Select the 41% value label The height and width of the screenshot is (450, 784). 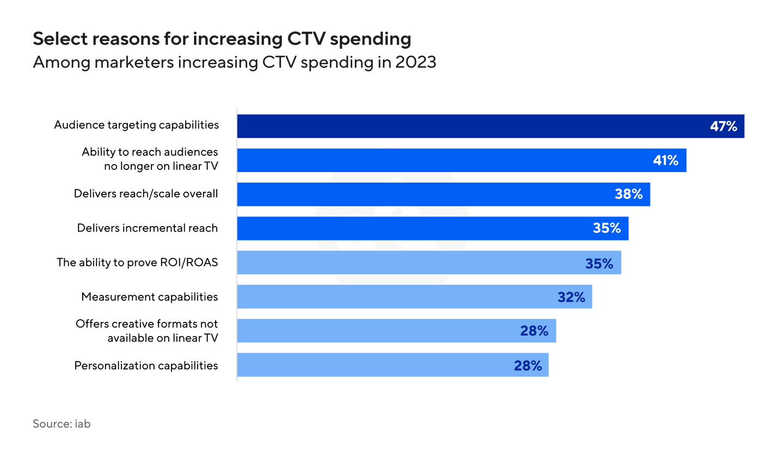665,160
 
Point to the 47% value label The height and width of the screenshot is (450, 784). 723,126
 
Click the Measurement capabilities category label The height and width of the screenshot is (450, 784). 149,297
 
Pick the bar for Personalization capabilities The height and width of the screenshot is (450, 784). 392,365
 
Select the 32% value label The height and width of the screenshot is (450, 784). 571,297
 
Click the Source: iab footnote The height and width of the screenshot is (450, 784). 62,423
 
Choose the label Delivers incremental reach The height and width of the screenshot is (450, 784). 147,228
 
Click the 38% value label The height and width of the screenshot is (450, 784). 629,194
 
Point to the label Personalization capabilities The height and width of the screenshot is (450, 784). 146,365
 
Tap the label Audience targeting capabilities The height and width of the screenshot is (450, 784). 136,125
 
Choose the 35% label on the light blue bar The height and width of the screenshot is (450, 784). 599,263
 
